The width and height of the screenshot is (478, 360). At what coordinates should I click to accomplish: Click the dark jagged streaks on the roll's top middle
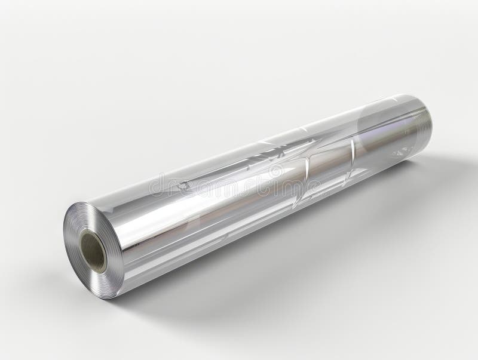click(281, 143)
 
